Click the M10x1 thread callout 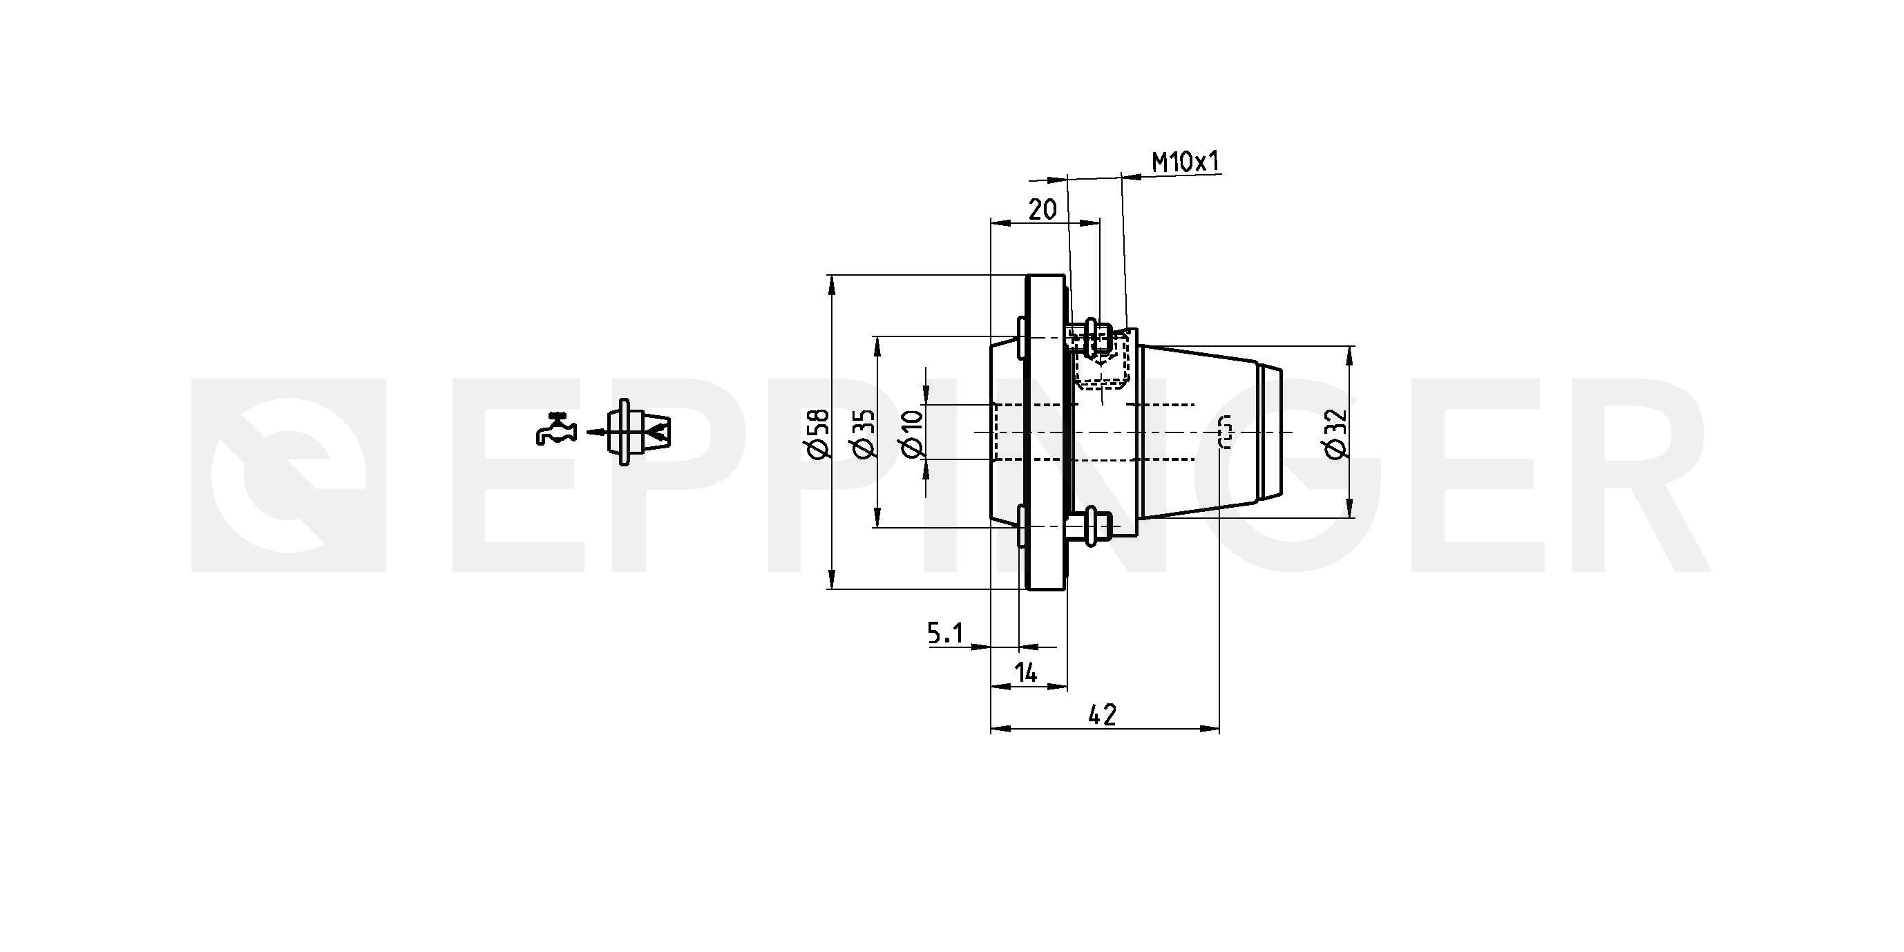coord(1186,162)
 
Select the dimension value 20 coord(1043,210)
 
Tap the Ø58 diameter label coord(819,434)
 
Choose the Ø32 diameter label coord(1337,434)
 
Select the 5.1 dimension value coord(945,633)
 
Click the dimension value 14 coord(1026,673)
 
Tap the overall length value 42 coord(1102,715)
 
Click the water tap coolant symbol coord(555,429)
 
